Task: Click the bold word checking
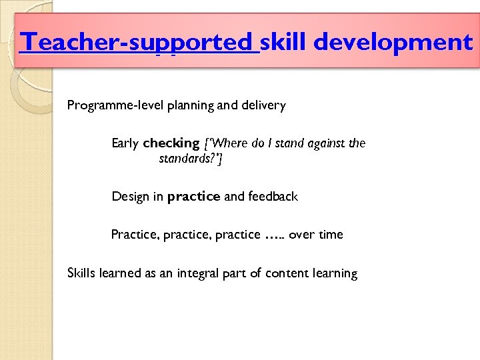(171, 143)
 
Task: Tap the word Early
(125, 143)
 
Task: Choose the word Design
(130, 197)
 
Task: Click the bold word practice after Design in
(193, 197)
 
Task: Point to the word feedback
(273, 197)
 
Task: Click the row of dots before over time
(275, 235)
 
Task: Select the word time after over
(331, 235)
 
